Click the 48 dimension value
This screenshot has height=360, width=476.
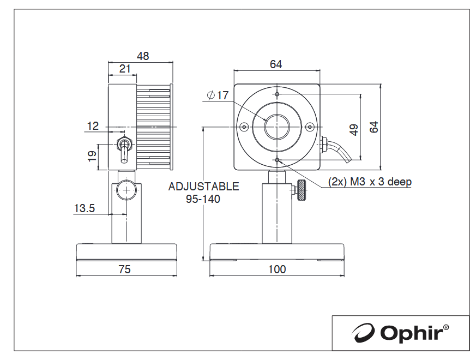[143, 56]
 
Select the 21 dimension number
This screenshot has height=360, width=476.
[125, 69]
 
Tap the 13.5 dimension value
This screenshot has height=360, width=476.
[85, 208]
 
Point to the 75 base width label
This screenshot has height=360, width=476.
[124, 269]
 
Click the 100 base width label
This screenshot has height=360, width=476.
[277, 269]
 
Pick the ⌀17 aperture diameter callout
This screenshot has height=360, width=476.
[218, 95]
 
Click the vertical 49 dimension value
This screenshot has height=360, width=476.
[354, 130]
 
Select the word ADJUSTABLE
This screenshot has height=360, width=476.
[204, 186]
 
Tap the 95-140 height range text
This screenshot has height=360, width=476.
[203, 199]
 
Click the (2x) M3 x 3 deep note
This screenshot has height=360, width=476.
[370, 182]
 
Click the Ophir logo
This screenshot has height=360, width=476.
[400, 333]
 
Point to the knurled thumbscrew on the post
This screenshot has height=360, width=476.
[302, 190]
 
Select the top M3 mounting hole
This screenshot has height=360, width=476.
[277, 94]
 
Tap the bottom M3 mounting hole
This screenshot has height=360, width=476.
[277, 160]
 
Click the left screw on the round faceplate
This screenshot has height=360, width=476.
[244, 127]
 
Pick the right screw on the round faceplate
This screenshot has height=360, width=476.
[310, 127]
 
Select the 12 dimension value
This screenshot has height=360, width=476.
[93, 126]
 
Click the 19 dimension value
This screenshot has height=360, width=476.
[92, 156]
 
